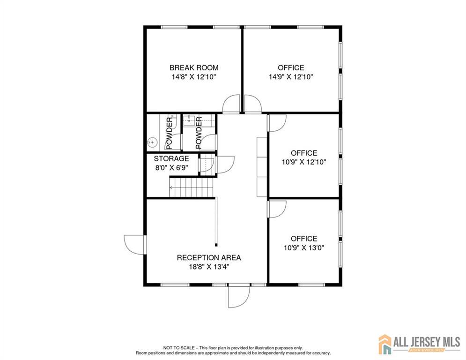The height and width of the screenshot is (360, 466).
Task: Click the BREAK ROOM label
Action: pos(194,67)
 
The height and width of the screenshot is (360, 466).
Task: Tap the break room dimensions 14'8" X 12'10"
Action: pos(194,77)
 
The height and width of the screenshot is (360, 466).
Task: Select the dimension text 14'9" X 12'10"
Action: pos(291,77)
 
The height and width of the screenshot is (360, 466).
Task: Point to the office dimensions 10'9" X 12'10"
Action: pos(304,162)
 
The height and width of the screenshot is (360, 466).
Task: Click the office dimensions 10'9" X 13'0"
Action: pos(304,247)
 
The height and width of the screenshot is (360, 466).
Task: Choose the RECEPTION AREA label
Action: pos(209,258)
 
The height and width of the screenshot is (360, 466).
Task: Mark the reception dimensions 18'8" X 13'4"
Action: pos(209,267)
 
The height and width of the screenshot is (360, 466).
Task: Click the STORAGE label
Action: pos(171,158)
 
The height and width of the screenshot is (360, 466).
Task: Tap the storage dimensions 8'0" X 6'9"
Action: pos(171,168)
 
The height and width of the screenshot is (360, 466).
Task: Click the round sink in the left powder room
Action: pos(152,143)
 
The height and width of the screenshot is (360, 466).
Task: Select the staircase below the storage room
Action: pos(192,187)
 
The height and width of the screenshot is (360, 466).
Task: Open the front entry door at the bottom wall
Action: pos(239,296)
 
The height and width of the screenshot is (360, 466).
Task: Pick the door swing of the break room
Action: pos(231,104)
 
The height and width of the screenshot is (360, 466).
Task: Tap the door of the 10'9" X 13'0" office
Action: pos(277,209)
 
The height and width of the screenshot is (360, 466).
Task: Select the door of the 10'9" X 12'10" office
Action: pos(277,123)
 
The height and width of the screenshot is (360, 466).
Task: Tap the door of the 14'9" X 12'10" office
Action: pos(253,104)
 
